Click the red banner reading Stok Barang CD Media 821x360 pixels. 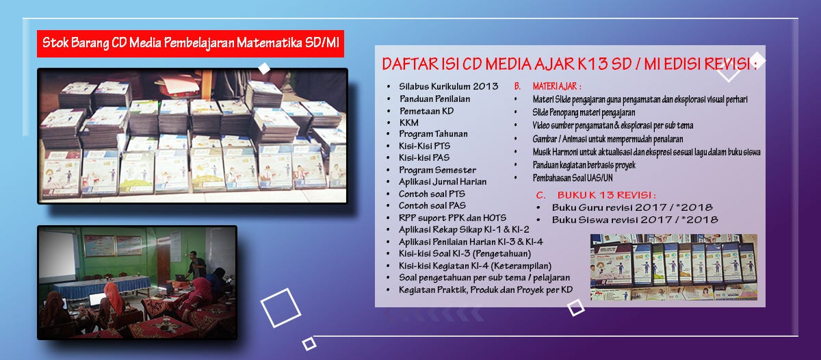point(190,44)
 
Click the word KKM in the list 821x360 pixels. point(408,123)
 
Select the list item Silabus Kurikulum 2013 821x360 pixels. point(448,86)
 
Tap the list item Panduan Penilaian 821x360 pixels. point(434,99)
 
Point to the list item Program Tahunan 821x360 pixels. point(433,134)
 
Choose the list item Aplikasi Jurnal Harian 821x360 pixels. point(443,181)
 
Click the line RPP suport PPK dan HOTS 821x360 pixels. point(452,218)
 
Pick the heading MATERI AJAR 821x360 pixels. point(557,86)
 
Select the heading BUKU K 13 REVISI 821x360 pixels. point(606,194)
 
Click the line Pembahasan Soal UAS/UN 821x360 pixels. point(573,178)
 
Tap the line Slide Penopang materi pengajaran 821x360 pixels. point(584,112)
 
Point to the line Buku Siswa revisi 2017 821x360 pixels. point(635,220)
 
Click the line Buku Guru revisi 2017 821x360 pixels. point(632,207)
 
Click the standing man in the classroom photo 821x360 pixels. point(196,265)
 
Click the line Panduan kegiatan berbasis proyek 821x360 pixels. point(584,166)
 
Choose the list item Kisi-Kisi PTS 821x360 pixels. point(424,146)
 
